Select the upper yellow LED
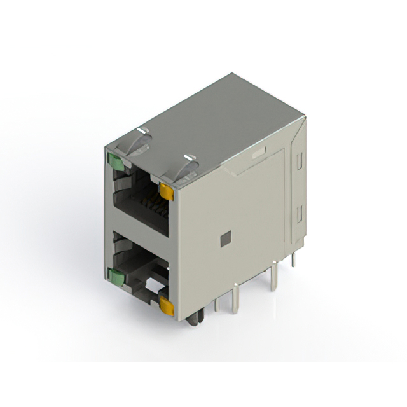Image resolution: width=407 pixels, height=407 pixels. [x=167, y=190]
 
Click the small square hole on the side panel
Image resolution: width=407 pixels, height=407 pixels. [x=223, y=239]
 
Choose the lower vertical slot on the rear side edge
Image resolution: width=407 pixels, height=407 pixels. [x=297, y=214]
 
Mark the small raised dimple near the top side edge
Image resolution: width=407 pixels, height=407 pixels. [x=258, y=153]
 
